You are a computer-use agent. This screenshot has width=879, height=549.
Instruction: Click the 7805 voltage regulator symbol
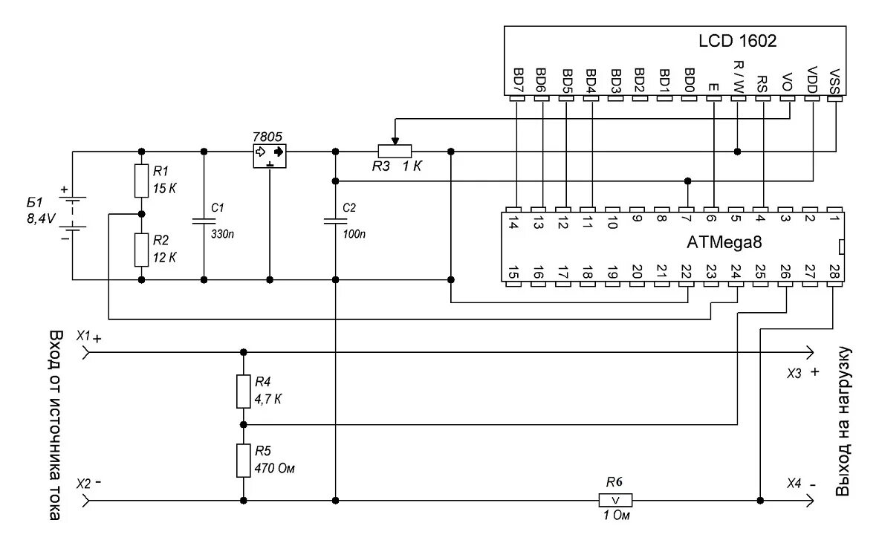point(269,152)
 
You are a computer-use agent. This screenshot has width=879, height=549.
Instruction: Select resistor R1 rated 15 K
point(141,181)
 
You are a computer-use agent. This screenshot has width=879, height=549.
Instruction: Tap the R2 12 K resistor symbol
point(141,250)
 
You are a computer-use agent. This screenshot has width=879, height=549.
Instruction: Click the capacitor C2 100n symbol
point(336,221)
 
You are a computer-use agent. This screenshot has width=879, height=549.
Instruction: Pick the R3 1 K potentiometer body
point(395,152)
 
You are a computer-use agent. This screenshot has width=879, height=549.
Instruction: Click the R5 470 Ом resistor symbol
point(243,461)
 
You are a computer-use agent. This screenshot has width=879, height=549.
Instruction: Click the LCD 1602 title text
point(737,42)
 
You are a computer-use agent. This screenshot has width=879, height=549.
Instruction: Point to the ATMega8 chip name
point(724,242)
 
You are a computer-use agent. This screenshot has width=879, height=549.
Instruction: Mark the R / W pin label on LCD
point(738,77)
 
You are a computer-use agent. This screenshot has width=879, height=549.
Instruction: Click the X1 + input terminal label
point(88,337)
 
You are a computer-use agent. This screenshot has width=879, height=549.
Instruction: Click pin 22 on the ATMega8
point(687,273)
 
